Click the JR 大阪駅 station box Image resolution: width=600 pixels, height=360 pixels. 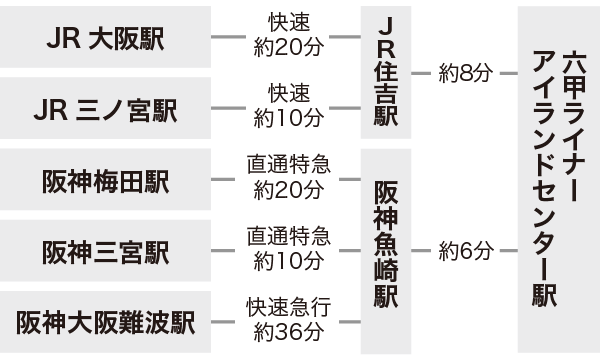click(x=106, y=37)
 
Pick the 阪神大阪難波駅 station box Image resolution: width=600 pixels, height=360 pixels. click(x=106, y=322)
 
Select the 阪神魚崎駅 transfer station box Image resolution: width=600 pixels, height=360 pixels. click(x=385, y=250)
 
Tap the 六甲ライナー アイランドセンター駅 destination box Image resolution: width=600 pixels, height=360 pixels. click(x=558, y=180)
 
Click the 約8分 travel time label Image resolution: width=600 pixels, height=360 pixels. click(x=466, y=72)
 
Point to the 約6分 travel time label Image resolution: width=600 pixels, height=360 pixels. click(x=466, y=251)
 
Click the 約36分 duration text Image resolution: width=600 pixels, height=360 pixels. click(x=288, y=333)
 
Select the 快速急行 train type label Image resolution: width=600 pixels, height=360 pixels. click(x=288, y=309)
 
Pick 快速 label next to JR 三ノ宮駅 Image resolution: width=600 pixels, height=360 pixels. click(x=288, y=95)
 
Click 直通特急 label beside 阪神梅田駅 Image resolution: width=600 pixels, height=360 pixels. click(x=288, y=166)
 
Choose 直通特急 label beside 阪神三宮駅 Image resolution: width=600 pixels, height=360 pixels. click(x=288, y=238)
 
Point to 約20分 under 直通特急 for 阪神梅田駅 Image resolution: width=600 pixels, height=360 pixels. click(x=288, y=190)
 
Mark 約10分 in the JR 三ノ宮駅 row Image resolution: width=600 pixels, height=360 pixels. click(x=288, y=119)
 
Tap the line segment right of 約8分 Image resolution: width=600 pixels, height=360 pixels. click(x=508, y=73)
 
